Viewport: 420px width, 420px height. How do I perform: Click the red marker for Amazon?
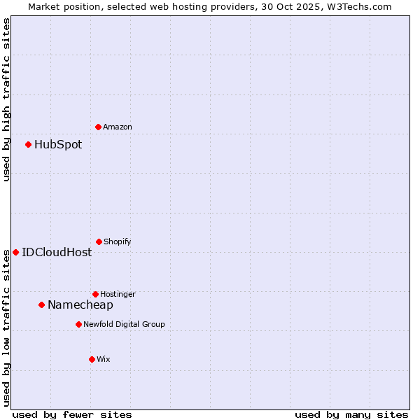pos(98,127)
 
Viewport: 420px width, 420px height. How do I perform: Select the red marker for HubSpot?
pos(28,144)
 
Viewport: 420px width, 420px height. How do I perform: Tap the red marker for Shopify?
pos(99,241)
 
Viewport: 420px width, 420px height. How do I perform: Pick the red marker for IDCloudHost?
pos(15,252)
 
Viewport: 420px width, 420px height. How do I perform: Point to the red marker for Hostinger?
pos(95,294)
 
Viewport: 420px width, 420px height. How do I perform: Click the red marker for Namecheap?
pos(41,304)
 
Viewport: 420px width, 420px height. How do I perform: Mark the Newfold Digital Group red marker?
pos(78,324)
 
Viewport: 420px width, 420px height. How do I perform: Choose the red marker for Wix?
pos(92,359)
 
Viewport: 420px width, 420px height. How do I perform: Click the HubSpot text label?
pos(58,145)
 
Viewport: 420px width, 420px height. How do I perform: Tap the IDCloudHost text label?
pos(57,253)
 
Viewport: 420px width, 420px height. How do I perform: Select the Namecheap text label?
pos(80,305)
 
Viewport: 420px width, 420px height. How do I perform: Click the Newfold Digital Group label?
pos(124,324)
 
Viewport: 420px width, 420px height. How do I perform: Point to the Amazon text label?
pos(118,127)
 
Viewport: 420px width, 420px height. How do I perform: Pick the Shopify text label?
pos(118,241)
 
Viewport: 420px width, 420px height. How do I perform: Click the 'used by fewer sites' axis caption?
pos(72,414)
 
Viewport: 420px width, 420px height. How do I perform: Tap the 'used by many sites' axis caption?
pos(351,414)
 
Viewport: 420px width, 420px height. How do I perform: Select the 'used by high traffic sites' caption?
pos(6,99)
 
